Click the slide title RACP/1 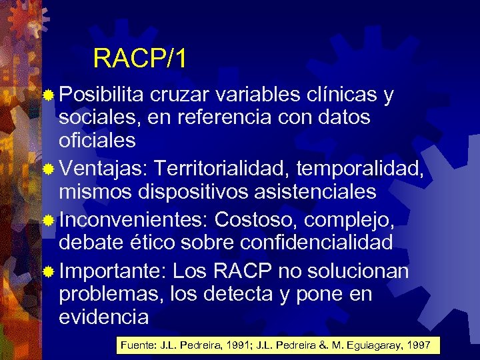tap(139, 59)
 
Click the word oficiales tap(97, 141)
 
